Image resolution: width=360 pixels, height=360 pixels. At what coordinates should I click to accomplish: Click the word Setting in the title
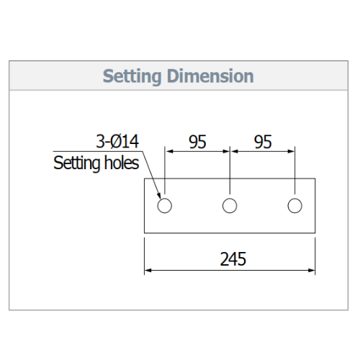tap(132, 76)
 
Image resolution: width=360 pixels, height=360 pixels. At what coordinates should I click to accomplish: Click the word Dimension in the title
tap(210, 76)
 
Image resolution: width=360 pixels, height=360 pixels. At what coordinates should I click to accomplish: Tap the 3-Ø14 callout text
tap(117, 141)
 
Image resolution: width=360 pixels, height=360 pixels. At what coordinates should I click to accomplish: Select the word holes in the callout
tap(122, 163)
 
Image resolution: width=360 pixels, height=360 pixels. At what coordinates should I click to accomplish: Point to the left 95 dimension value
tap(197, 142)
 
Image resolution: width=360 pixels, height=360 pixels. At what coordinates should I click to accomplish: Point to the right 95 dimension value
tap(263, 142)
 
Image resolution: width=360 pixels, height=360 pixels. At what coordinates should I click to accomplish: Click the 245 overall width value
tap(233, 259)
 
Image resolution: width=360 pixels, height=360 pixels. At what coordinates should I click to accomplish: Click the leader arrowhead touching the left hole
tap(159, 196)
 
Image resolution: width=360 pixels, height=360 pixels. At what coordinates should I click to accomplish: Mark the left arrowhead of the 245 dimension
tap(148, 271)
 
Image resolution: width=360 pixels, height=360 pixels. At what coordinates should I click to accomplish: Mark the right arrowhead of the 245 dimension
tap(312, 271)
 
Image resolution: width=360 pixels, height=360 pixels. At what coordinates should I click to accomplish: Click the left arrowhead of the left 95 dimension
tap(169, 151)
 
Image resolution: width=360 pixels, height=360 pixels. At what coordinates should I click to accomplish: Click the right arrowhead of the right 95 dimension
tap(291, 151)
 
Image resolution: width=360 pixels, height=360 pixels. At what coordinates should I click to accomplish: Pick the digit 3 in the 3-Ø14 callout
tap(100, 141)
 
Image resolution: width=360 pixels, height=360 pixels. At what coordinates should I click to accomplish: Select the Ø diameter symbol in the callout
tap(115, 141)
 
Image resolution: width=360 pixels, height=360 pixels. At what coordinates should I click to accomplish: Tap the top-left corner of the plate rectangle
tap(144, 179)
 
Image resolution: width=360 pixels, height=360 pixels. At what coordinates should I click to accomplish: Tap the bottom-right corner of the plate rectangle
tap(315, 233)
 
